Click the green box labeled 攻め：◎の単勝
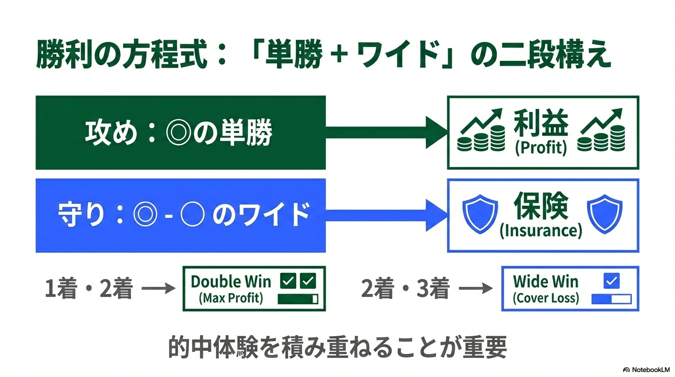coord(181,133)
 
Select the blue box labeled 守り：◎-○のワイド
coord(181,215)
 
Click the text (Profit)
coord(541,148)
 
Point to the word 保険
coord(541,206)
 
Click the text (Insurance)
coord(541,231)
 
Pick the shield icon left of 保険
coord(481,214)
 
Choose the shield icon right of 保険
coord(604,214)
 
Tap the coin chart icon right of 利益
coord(601,131)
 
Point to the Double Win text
coord(231,282)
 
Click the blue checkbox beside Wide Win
coord(611,281)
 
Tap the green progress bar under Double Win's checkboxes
coord(298,299)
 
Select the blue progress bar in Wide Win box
coord(611,299)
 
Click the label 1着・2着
coord(89,290)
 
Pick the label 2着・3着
coord(405,290)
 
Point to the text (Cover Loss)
coord(545,298)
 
